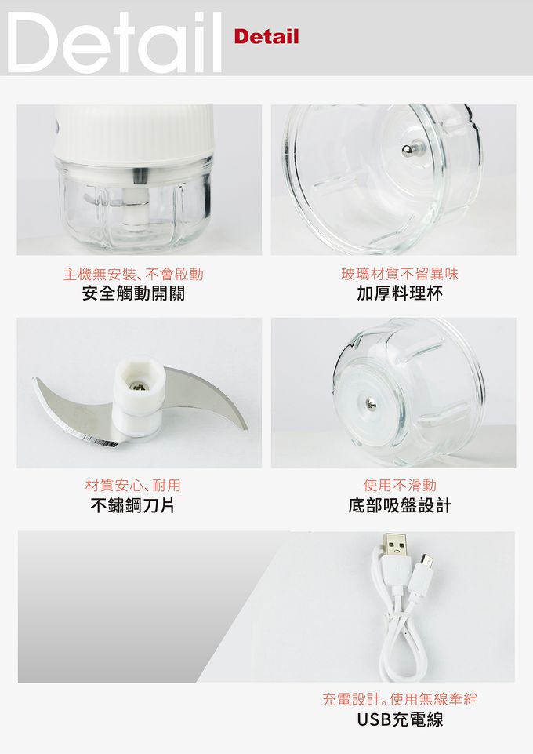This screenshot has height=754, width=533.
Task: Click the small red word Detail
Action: pos(266,37)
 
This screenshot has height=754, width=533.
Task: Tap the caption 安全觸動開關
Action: pos(134,295)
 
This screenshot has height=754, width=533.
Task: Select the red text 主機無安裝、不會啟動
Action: pos(133,274)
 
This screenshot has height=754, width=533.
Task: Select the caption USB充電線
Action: pos(400,719)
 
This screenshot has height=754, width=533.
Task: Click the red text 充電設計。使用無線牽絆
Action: pos(400,698)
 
